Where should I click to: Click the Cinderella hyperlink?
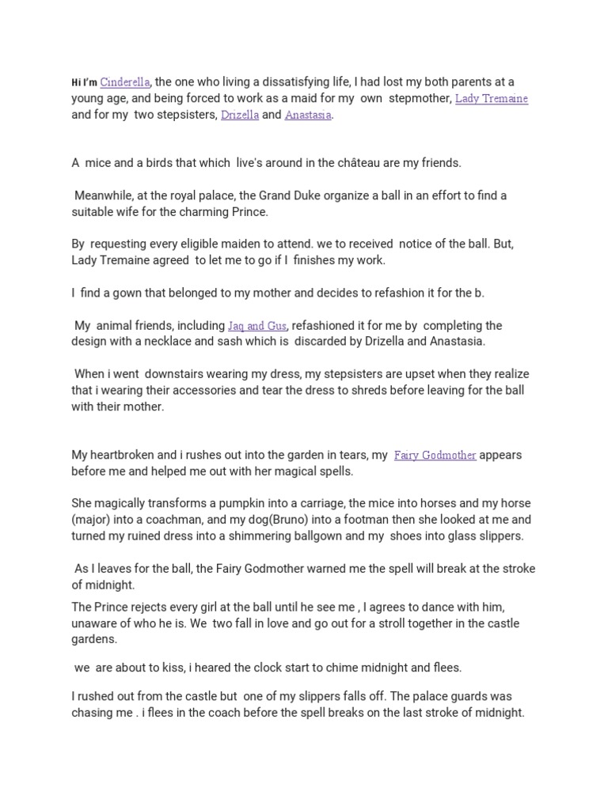126,81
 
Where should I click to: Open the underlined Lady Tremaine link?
492,98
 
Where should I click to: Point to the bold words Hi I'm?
84,82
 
